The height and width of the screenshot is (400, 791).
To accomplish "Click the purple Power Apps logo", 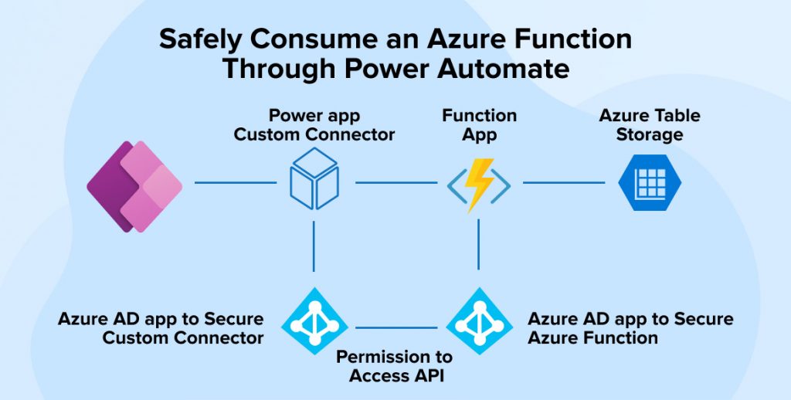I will pos(134,182).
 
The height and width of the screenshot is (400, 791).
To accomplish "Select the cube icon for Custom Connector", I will pos(314,178).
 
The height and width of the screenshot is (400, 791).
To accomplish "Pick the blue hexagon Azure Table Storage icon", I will pos(650,182).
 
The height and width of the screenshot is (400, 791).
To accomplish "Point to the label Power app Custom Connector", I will pos(314,125).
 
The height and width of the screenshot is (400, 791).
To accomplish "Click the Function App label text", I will pos(479,125).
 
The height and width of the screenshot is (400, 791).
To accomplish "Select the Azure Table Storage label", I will pos(650,125).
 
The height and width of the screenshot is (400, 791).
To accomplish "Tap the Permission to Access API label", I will pos(394,366).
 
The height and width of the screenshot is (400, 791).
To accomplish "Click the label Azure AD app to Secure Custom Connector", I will pos(161,328).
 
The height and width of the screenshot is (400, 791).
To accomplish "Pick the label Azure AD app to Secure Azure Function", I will pos(630,328).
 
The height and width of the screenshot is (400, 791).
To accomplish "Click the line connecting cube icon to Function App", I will pos(395,183).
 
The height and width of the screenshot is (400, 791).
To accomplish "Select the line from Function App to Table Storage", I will pos(563,183).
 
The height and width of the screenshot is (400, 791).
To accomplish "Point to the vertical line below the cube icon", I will pos(314,246).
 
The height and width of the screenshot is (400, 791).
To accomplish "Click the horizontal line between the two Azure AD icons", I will pos(396,327).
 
